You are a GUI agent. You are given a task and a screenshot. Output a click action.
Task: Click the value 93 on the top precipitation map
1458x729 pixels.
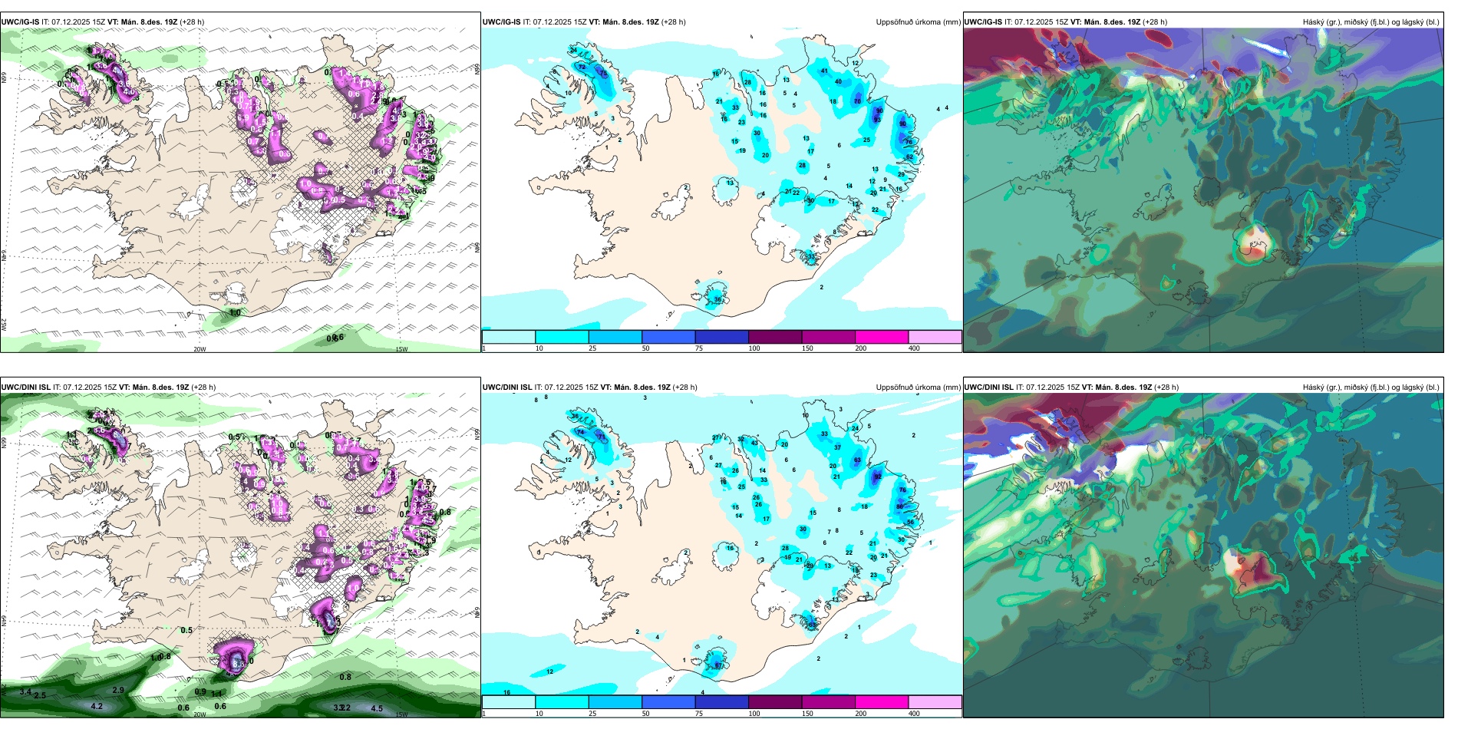click(877, 120)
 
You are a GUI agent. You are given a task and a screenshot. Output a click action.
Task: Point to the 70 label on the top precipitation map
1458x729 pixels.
click(857, 101)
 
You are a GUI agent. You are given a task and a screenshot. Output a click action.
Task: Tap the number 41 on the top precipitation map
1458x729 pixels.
click(825, 71)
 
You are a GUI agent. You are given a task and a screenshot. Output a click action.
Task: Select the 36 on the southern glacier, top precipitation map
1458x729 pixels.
click(717, 299)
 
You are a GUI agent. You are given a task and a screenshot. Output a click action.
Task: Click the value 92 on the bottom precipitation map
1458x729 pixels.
click(878, 477)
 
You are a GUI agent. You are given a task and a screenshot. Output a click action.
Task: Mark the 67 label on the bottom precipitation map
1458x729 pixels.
click(718, 665)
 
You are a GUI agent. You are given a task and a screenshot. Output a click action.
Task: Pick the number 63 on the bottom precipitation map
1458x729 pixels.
click(857, 460)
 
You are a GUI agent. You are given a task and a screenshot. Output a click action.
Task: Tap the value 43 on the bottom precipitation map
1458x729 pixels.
click(754, 443)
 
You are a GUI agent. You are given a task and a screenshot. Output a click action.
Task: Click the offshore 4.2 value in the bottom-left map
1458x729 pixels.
click(97, 706)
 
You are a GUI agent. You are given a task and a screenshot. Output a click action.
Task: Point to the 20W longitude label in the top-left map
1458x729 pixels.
click(200, 349)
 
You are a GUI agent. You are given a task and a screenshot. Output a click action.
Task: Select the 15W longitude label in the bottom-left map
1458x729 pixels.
click(401, 714)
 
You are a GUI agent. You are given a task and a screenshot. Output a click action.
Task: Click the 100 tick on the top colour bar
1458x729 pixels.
click(754, 348)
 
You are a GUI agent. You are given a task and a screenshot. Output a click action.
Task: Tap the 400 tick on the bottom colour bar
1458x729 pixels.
click(914, 714)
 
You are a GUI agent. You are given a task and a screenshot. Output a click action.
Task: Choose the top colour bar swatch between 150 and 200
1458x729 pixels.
click(882, 337)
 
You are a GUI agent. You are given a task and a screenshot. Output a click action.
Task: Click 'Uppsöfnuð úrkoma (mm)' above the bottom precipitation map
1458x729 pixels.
click(918, 388)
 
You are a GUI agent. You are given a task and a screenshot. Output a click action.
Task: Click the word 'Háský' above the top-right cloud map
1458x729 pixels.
click(1314, 22)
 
